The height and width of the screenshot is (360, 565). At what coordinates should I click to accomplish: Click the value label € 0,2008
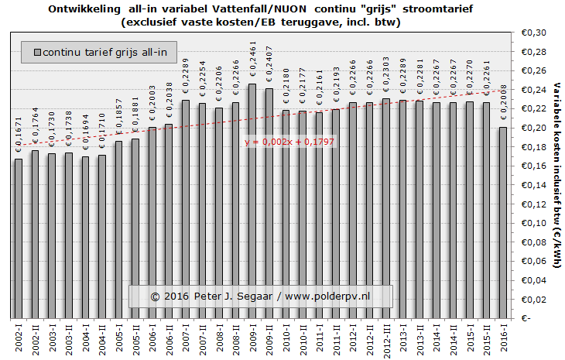[502, 108]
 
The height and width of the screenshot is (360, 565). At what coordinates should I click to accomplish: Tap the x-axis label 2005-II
[135, 338]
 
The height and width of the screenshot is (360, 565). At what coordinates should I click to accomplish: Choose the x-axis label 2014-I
[436, 338]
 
